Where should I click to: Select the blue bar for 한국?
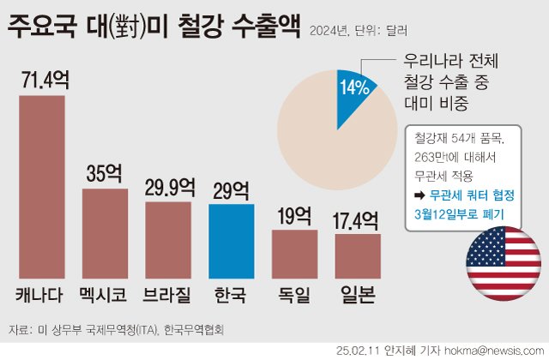pyautogui.click(x=231, y=241)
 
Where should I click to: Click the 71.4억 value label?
pyautogui.click(x=42, y=80)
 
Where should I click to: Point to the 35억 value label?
pyautogui.click(x=105, y=172)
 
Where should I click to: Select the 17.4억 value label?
pyautogui.click(x=357, y=219)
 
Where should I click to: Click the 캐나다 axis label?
pyautogui.click(x=41, y=297)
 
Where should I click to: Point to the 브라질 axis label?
pyautogui.click(x=168, y=297)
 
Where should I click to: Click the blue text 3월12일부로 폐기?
pyautogui.click(x=459, y=213)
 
